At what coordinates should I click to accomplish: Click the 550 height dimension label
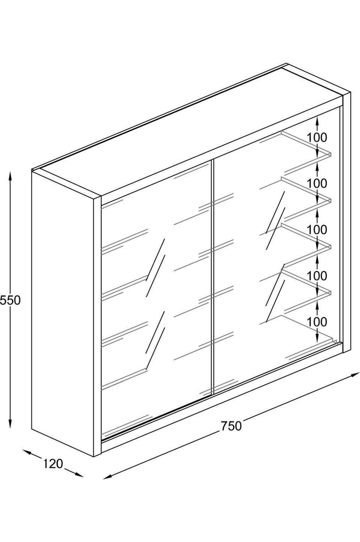tap(10, 301)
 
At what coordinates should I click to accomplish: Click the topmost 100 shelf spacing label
tap(317, 138)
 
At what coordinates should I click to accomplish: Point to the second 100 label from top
tap(317, 184)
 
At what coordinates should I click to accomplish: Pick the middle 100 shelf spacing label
tap(317, 230)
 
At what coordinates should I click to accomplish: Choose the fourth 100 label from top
tap(317, 275)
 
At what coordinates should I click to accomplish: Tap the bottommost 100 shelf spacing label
tap(317, 322)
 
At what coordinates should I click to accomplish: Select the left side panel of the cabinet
tap(63, 312)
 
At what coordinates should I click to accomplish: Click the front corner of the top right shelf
tap(330, 154)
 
